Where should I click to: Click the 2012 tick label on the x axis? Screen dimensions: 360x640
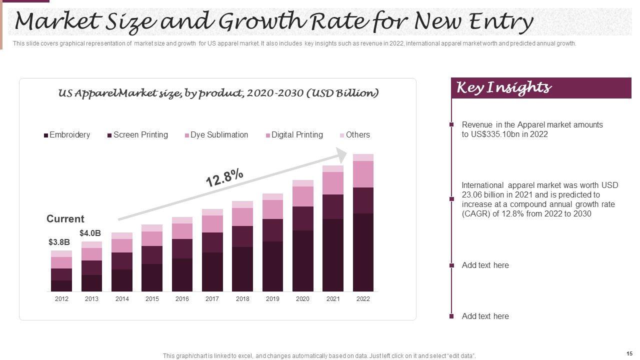(x=61, y=299)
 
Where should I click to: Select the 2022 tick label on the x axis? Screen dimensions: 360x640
(x=363, y=299)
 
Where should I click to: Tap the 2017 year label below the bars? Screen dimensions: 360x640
(x=212, y=299)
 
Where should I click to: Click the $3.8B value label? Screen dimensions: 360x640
(x=59, y=242)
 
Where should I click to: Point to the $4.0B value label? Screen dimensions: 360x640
(x=90, y=233)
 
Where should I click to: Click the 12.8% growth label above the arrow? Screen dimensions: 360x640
(x=224, y=178)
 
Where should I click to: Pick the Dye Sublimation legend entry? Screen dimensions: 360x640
(x=218, y=135)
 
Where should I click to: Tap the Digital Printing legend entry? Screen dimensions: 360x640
(x=296, y=135)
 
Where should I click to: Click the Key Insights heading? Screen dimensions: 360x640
(x=504, y=88)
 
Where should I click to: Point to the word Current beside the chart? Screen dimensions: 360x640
(x=65, y=219)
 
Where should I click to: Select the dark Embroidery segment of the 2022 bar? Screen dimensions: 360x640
(x=363, y=252)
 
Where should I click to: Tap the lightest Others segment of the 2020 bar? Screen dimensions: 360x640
(x=303, y=183)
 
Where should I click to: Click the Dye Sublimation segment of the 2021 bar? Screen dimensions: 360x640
(x=333, y=183)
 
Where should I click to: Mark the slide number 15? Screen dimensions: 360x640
(x=629, y=353)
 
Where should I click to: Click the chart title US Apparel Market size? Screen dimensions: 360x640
(x=218, y=93)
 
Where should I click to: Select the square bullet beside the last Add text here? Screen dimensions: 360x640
(x=451, y=316)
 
